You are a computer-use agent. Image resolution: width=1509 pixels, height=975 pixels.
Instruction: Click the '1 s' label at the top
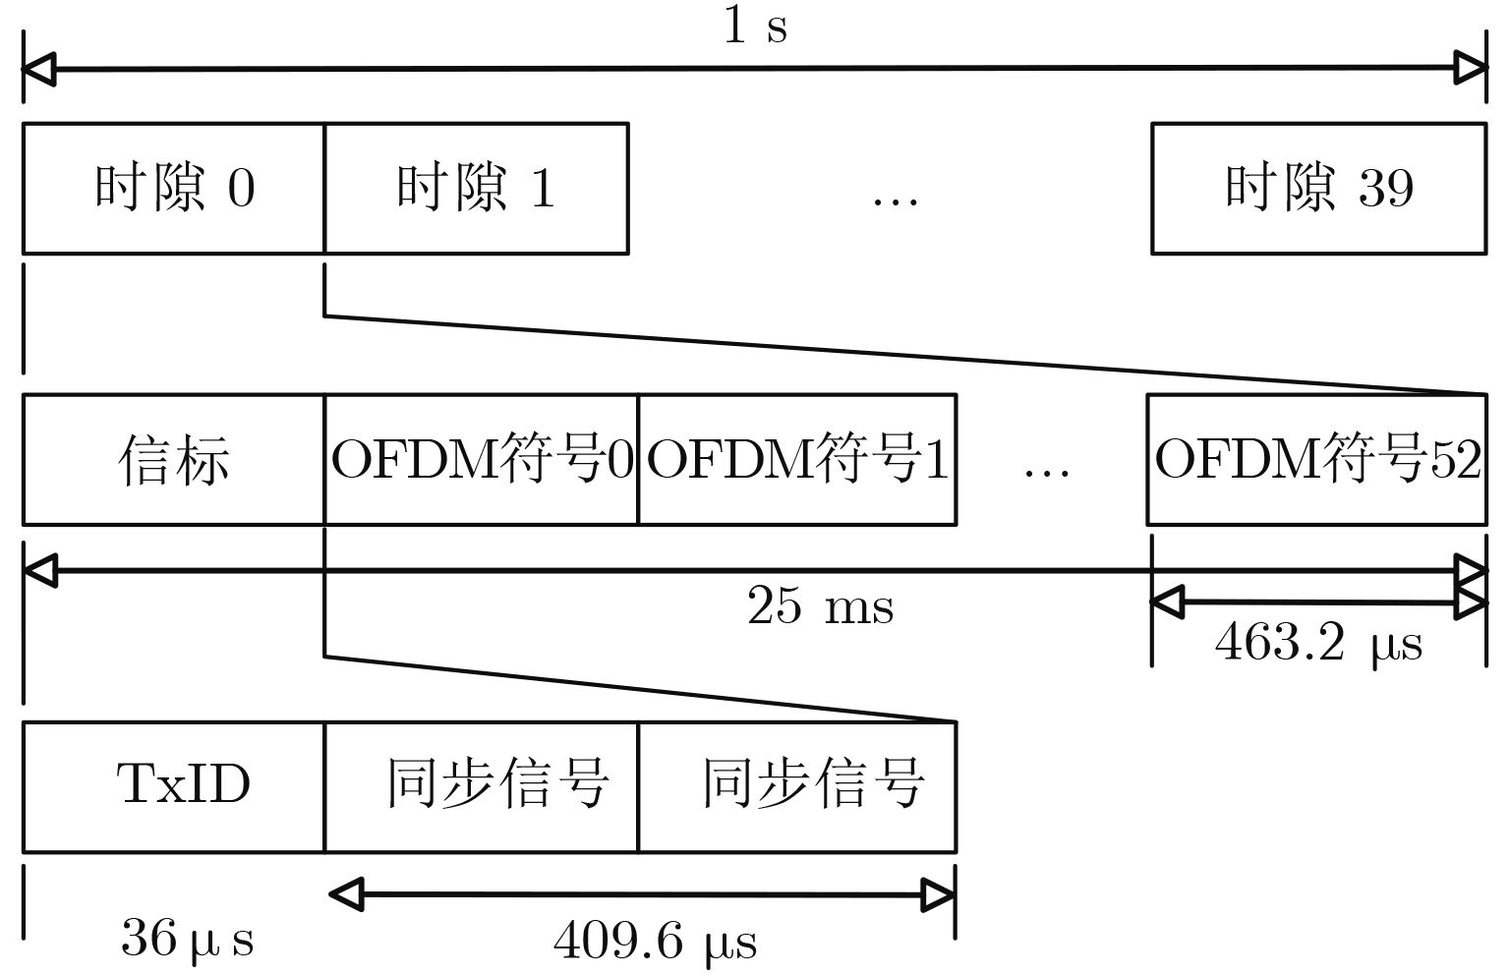point(755,26)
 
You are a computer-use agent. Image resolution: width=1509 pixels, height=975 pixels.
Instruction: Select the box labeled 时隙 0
point(173,188)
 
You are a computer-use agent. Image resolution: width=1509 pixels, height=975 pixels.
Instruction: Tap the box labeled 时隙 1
point(476,188)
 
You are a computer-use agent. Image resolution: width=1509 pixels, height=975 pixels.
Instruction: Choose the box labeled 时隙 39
point(1318,188)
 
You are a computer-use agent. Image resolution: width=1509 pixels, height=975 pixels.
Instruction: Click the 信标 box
point(173,459)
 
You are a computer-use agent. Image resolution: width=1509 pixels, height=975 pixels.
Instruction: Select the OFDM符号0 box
point(481,459)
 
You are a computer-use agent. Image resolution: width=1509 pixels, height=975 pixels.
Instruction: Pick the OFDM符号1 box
point(796,459)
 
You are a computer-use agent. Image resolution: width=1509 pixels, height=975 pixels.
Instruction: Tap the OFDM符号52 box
point(1316,459)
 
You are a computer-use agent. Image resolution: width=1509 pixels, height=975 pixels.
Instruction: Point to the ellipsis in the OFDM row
point(1046,471)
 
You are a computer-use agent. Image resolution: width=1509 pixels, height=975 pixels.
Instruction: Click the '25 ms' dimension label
point(820,605)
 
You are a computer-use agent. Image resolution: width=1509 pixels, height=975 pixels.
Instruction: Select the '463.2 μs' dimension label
point(1318,645)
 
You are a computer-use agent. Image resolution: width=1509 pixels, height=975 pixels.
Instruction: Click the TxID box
point(173,786)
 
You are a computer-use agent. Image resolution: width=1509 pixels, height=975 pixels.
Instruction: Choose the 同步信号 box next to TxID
point(481,786)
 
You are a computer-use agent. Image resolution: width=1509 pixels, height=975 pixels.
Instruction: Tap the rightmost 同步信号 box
point(796,786)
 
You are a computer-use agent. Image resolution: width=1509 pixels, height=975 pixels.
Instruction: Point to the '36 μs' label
point(187,938)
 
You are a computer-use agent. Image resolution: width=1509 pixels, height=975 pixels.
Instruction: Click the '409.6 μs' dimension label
point(655,942)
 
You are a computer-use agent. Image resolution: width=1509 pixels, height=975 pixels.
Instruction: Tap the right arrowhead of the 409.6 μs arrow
point(938,894)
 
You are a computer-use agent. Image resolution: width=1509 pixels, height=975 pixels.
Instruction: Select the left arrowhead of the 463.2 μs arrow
point(1167,602)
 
